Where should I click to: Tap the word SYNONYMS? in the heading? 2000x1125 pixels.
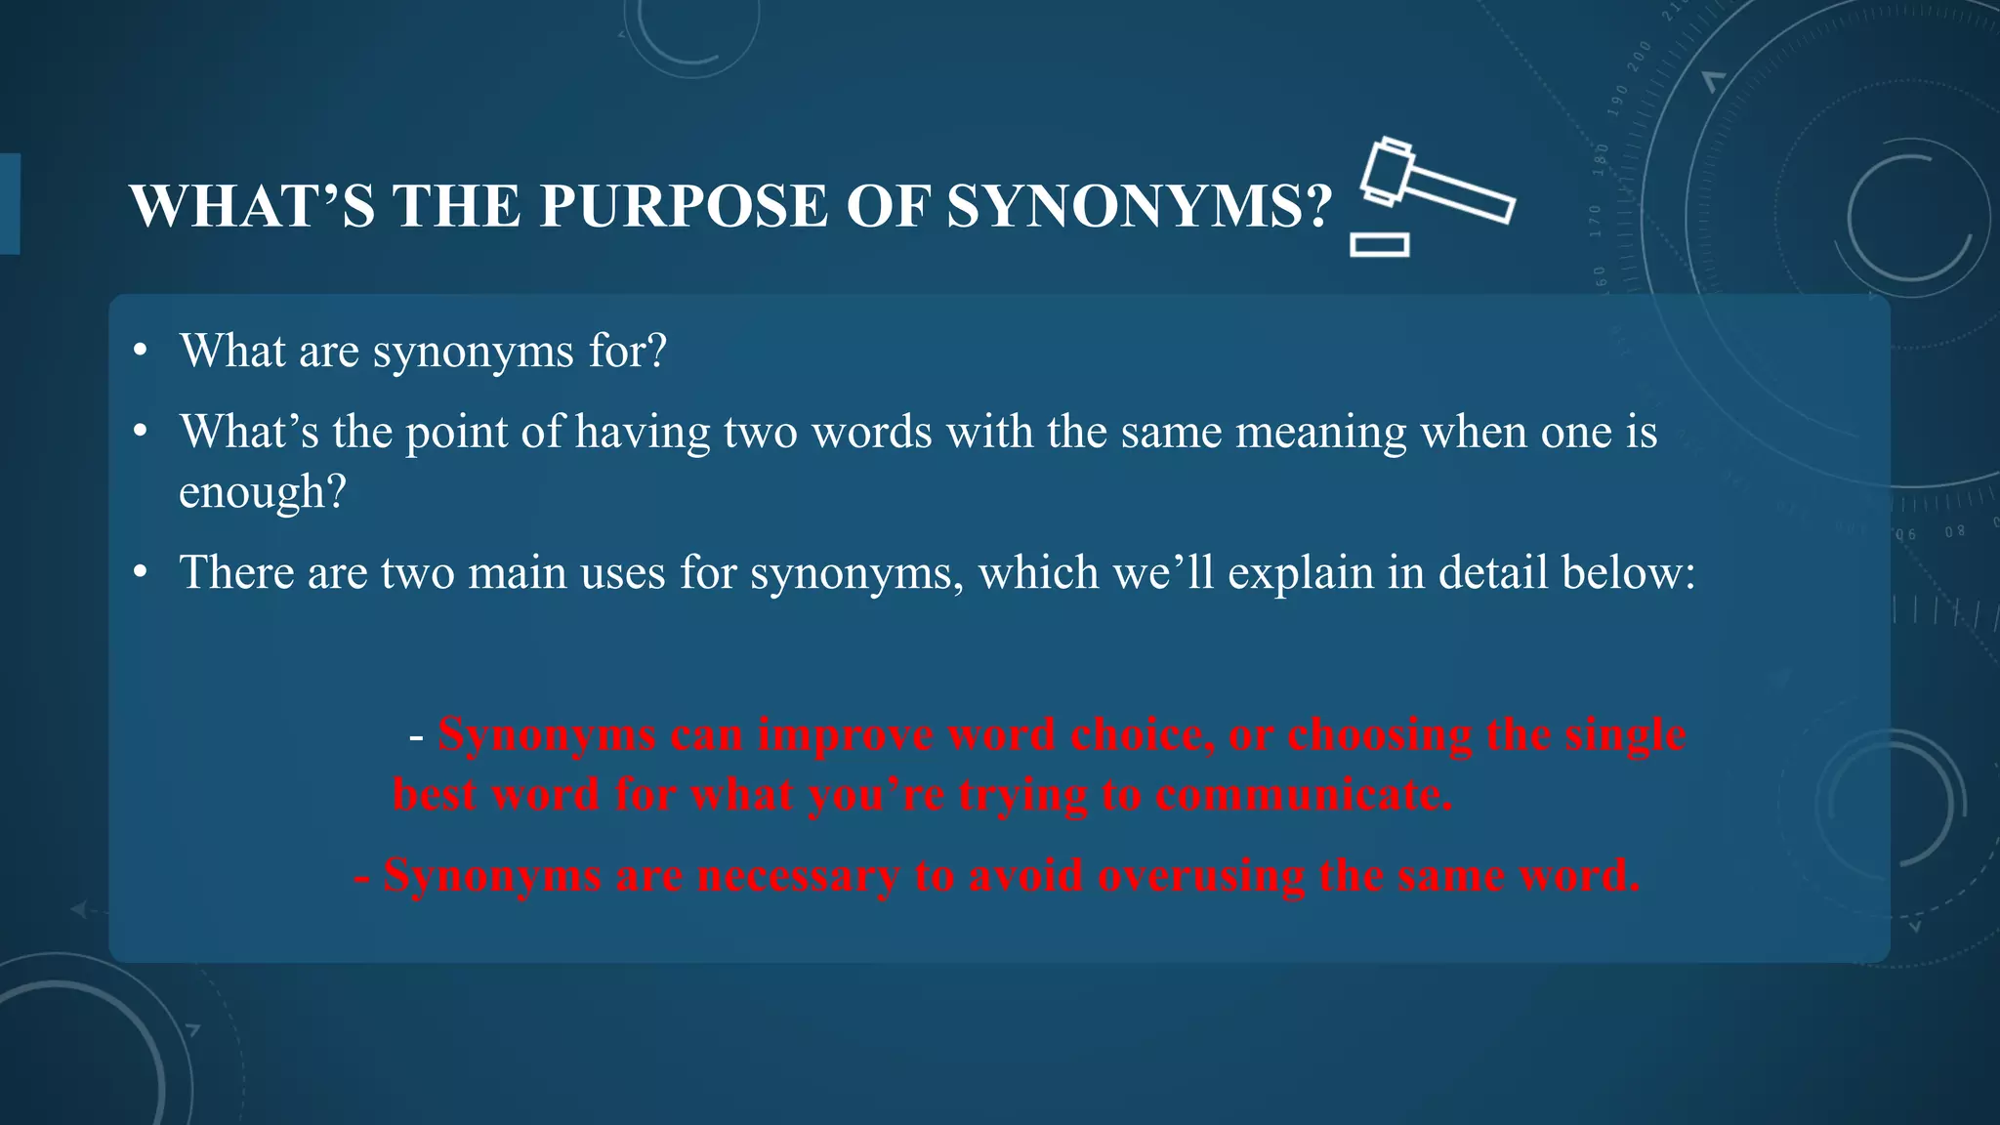1140,207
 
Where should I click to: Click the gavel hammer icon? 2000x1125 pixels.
1434,182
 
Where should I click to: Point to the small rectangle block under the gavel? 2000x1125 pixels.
1379,244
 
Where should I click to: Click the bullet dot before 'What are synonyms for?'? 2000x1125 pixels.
142,351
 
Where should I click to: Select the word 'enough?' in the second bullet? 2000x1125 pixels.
263,491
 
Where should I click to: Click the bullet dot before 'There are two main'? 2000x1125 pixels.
142,572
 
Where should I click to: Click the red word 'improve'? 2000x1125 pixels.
845,734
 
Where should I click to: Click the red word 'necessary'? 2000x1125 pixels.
798,875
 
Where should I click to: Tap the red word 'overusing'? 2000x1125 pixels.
1200,875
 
